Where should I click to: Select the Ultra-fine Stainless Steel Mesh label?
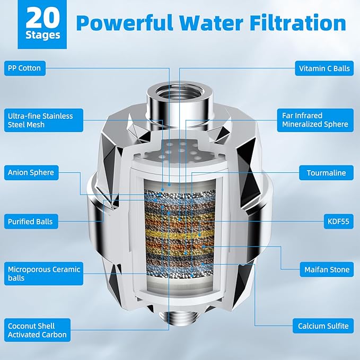(x=40, y=120)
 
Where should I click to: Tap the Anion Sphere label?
(x=31, y=172)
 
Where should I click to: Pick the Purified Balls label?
(x=30, y=221)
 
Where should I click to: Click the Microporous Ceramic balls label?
(x=43, y=274)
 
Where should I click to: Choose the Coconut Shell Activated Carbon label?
(x=37, y=330)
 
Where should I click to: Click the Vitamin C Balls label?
(x=324, y=68)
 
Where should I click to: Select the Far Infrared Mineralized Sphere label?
(x=314, y=120)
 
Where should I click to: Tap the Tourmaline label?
(x=326, y=173)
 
